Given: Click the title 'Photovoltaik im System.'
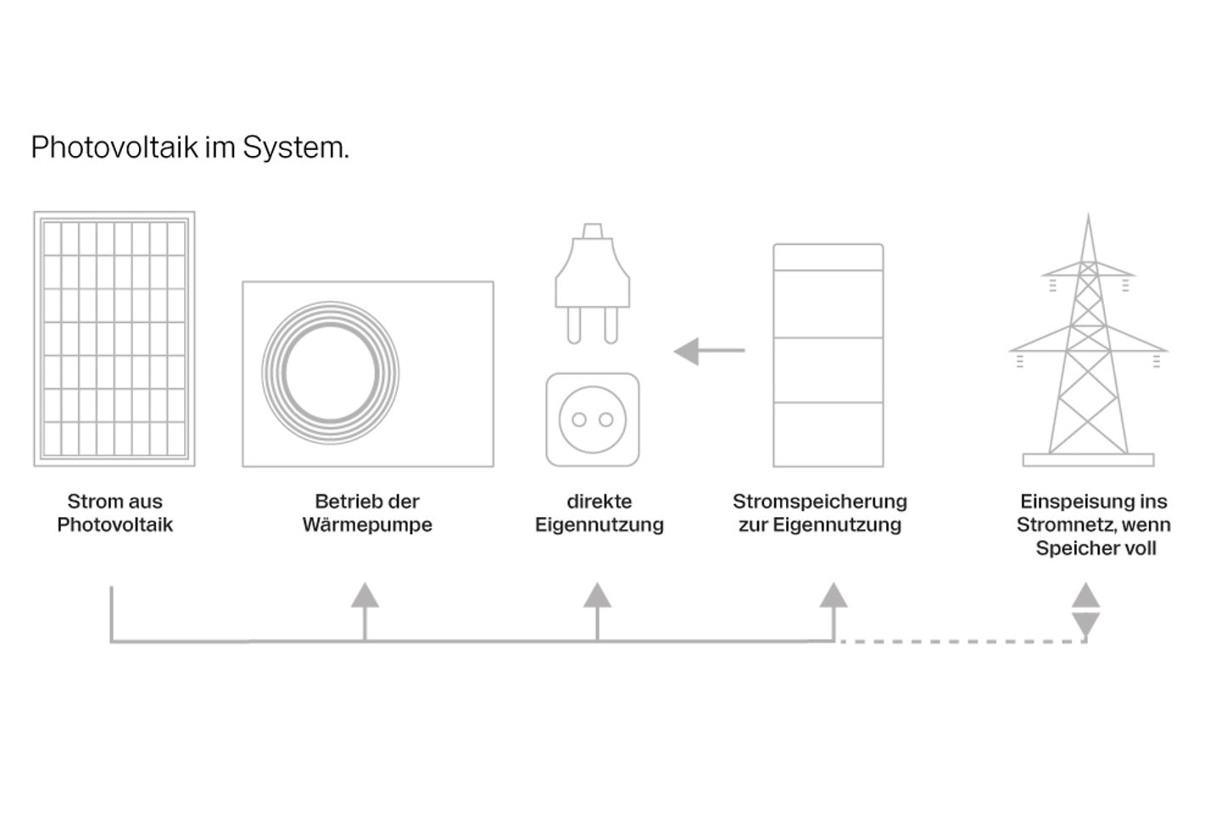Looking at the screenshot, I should (190, 148).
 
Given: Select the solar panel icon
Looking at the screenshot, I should (114, 339).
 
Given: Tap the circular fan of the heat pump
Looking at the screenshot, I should (330, 373).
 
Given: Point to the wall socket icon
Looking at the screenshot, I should (593, 420).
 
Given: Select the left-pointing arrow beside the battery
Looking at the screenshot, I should (709, 350).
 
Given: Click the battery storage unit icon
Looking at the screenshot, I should (828, 356).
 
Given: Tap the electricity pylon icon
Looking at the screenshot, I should (1088, 339).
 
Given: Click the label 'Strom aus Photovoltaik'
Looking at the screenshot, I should (114, 513).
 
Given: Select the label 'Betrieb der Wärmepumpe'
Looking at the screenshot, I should (367, 513).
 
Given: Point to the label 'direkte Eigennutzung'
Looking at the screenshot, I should (599, 513).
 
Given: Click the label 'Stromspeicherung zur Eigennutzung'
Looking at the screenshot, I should (820, 513).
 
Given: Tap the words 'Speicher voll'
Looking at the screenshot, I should (1096, 549).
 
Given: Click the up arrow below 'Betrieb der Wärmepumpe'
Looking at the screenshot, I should (365, 596).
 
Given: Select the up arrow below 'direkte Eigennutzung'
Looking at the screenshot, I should (597, 596).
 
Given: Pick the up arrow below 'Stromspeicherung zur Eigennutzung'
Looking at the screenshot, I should (834, 596).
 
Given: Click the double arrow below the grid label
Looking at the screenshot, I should (1086, 610).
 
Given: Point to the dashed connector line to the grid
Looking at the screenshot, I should (958, 642).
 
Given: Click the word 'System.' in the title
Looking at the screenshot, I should (296, 148).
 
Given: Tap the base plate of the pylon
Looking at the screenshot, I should (1088, 460).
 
